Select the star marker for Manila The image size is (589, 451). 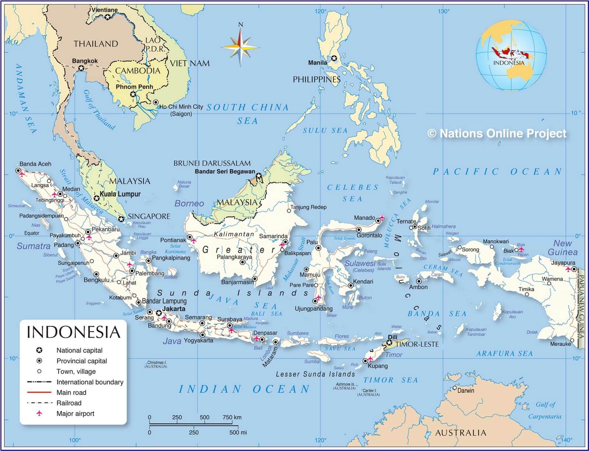pyautogui.click(x=334, y=58)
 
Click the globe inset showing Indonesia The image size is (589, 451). pyautogui.click(x=511, y=56)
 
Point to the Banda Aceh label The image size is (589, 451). pyautogui.click(x=35, y=164)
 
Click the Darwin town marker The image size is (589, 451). pyautogui.click(x=455, y=388)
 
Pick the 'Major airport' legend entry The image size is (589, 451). pyautogui.click(x=75, y=413)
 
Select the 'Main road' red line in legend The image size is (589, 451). pyautogui.click(x=39, y=392)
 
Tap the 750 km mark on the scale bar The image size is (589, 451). pyautogui.click(x=232, y=417)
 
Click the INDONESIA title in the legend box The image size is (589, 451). pyautogui.click(x=74, y=332)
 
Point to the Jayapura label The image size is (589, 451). pyautogui.click(x=563, y=263)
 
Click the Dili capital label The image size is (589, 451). pyautogui.click(x=392, y=337)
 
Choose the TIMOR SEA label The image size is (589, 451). pyautogui.click(x=391, y=380)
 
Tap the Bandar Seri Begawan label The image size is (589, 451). pyautogui.click(x=225, y=172)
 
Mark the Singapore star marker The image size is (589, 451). pyautogui.click(x=121, y=219)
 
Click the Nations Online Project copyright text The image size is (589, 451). pyautogui.click(x=497, y=133)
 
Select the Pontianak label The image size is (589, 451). pyautogui.click(x=173, y=240)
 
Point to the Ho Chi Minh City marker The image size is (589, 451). pyautogui.click(x=156, y=102)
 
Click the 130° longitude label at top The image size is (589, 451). pyautogui.click(x=444, y=11)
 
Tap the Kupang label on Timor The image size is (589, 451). pyautogui.click(x=378, y=366)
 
